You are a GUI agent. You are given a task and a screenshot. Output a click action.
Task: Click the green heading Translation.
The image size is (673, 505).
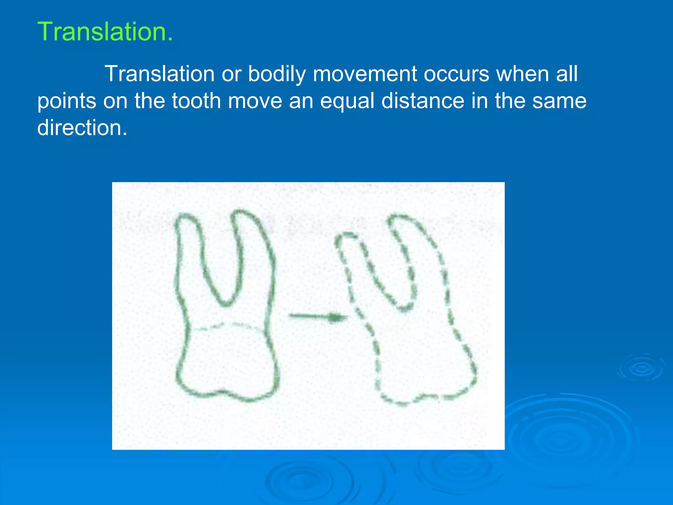pos(105,32)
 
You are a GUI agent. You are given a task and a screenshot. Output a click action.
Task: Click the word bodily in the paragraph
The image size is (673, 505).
pos(277,74)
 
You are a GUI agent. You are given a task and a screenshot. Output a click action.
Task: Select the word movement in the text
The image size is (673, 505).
pos(365,74)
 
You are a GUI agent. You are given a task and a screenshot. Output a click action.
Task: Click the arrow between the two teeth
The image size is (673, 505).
pos(318,317)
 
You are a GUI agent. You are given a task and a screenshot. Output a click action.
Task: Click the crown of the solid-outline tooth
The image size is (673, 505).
pos(227,362)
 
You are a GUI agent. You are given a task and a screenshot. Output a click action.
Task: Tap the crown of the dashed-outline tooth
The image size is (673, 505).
pos(424,365)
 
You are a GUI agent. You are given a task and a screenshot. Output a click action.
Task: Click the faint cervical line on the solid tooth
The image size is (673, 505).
pos(227,326)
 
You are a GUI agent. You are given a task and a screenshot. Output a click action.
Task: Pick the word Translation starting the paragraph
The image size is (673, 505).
pos(159,74)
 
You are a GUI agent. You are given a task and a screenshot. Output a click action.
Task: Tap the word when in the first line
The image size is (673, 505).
pos(522,74)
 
